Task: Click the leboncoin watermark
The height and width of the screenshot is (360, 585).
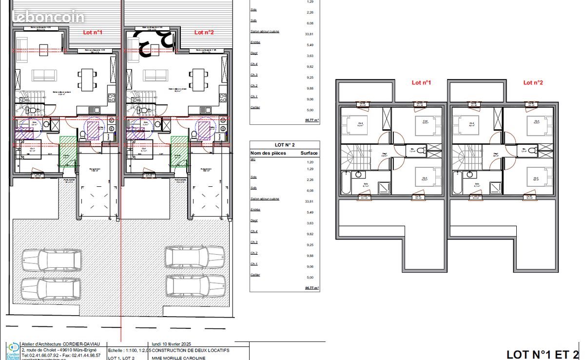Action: tap(48, 17)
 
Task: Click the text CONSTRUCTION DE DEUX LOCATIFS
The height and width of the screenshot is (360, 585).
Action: tap(190, 351)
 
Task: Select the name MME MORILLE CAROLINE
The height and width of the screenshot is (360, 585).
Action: tap(178, 358)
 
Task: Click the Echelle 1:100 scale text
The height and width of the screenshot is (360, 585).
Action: tap(125, 351)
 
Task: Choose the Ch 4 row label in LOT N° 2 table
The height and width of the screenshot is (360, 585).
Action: tap(254, 232)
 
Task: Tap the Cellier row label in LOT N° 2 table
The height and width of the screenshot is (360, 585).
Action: tap(255, 275)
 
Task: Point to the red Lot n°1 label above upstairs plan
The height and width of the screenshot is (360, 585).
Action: tap(421, 83)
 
